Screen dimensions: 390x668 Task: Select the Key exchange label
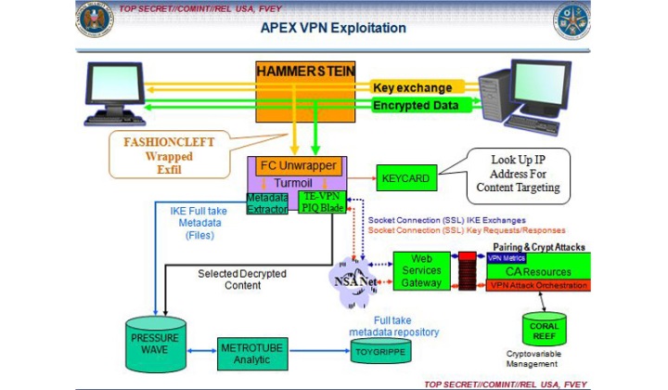(412, 87)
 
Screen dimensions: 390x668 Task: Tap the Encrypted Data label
(415, 106)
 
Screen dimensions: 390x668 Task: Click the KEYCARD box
(403, 174)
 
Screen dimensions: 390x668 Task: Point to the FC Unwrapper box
(294, 166)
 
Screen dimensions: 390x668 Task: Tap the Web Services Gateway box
(419, 269)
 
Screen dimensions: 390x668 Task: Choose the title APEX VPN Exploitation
(334, 28)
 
